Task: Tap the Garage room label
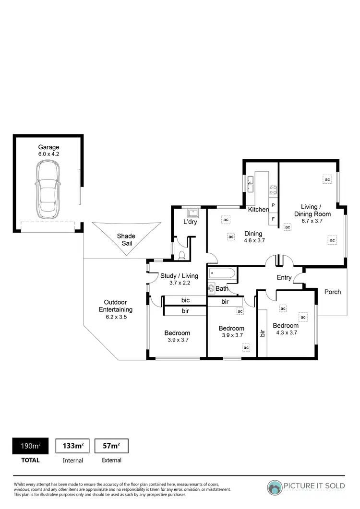pos(48,147)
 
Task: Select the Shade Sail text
pos(126,239)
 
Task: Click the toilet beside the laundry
pos(182,255)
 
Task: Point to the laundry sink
pos(195,213)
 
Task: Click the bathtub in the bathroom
pos(222,274)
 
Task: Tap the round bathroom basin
pos(212,288)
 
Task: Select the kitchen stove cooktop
pos(273,189)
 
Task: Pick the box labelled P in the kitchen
pos(273,205)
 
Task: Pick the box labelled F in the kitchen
pos(273,219)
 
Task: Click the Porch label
pos(332,292)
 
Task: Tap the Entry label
pos(284,278)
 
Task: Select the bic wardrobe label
pos(185,300)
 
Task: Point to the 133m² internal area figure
pos(73,446)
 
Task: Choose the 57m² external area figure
pos(111,446)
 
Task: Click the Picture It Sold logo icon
pos(275,487)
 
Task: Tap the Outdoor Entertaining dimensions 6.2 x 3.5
pos(115,317)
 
